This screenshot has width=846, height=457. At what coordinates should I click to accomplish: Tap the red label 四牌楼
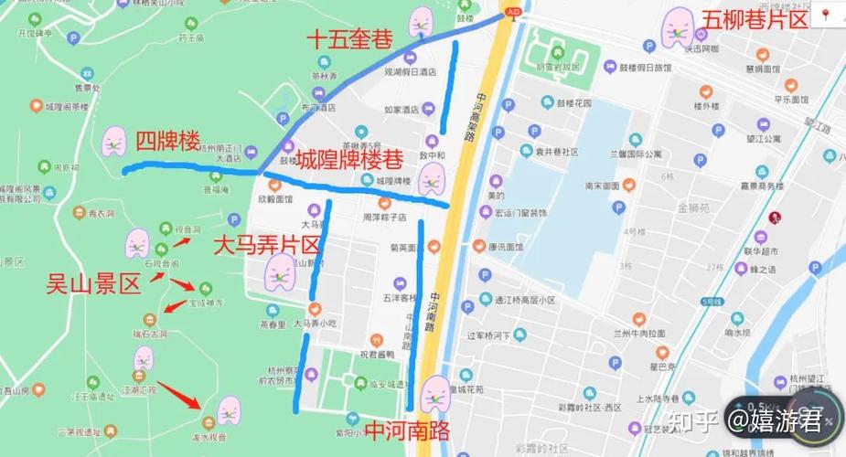click(x=166, y=141)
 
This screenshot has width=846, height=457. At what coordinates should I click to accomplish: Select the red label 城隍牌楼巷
click(x=348, y=159)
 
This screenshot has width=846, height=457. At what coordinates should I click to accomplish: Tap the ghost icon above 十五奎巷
click(x=420, y=19)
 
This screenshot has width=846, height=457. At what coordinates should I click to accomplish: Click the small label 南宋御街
click(x=603, y=186)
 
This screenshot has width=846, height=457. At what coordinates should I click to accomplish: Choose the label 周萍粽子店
click(x=384, y=218)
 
